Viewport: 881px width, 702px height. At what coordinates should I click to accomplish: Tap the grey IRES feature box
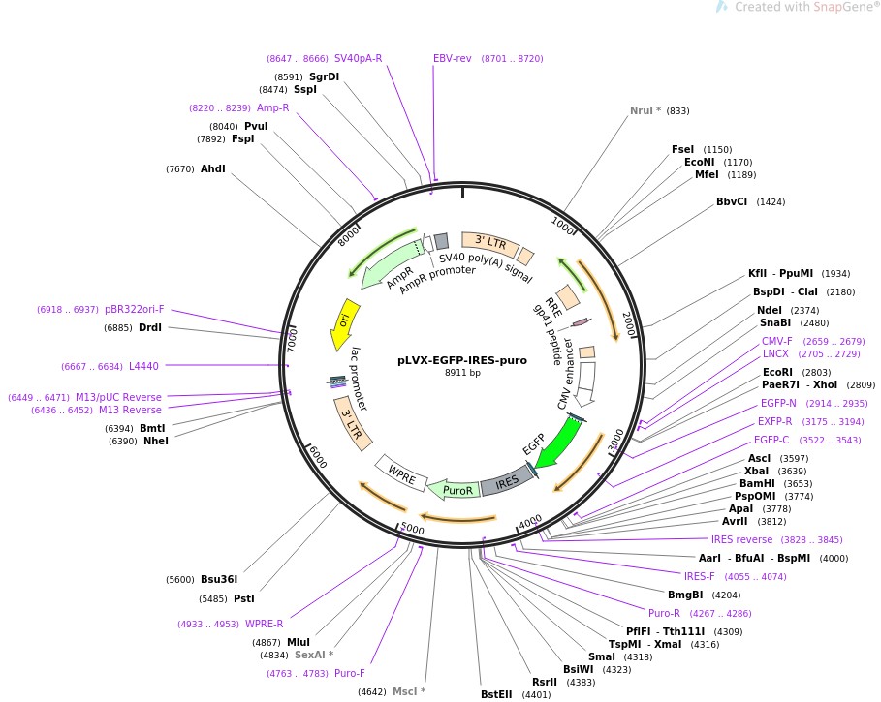click(x=507, y=481)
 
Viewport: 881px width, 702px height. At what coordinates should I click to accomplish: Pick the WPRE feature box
click(x=402, y=473)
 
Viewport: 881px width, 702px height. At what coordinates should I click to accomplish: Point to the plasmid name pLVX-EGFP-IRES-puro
click(x=462, y=360)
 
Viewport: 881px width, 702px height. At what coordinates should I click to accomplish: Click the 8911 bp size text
click(x=462, y=373)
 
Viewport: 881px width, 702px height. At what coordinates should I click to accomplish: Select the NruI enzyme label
click(x=645, y=110)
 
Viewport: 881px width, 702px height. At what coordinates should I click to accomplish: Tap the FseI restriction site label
click(x=682, y=149)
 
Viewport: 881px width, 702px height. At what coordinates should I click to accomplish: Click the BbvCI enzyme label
click(x=732, y=202)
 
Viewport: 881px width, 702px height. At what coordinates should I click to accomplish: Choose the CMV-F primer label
click(x=776, y=341)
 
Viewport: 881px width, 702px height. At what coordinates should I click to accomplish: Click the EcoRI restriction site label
click(x=777, y=372)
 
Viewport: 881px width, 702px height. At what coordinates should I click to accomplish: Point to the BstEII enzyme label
click(x=501, y=693)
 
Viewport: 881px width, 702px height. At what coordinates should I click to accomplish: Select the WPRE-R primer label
click(x=264, y=624)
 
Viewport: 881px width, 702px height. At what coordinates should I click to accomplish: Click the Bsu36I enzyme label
click(x=219, y=580)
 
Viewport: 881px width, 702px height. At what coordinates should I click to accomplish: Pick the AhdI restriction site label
click(x=212, y=168)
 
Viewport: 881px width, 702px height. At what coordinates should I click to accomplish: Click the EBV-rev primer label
click(x=453, y=58)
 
